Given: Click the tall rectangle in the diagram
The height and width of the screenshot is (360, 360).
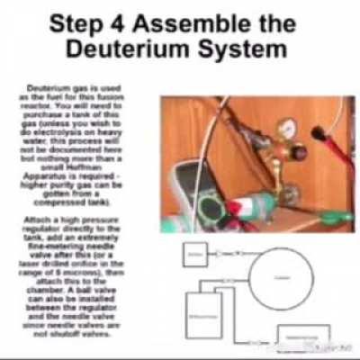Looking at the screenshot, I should point(204,318).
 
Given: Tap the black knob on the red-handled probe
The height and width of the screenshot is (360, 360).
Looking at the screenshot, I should point(317,131).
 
